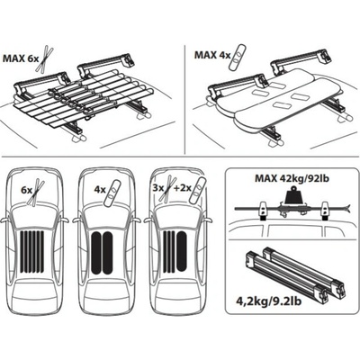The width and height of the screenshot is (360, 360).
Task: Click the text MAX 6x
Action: pos(21,58)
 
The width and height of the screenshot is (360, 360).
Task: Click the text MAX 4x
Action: pos(212,55)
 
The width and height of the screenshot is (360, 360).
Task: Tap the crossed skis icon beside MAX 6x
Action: pos(45,58)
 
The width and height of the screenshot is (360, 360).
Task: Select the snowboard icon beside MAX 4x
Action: pos(238,58)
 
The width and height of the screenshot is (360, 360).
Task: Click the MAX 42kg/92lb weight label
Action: pos(292,178)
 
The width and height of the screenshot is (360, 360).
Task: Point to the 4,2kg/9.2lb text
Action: pos(268,301)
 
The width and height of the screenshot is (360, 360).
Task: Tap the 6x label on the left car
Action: pos(26,190)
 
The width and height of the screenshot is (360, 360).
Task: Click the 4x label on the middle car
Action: pos(100,190)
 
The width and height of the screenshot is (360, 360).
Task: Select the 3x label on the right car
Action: pos(158,188)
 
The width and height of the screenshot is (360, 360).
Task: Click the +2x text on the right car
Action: pos(183,188)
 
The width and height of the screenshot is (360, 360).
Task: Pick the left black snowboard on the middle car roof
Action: pos(96,254)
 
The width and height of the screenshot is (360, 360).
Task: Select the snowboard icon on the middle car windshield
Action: pos(112,193)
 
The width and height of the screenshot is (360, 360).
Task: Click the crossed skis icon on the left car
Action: pos(36,193)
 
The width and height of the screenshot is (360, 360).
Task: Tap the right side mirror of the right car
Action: pos(208,220)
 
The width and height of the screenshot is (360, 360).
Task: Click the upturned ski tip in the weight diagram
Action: pos(347,206)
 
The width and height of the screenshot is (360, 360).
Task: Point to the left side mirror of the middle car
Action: pos(76,220)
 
